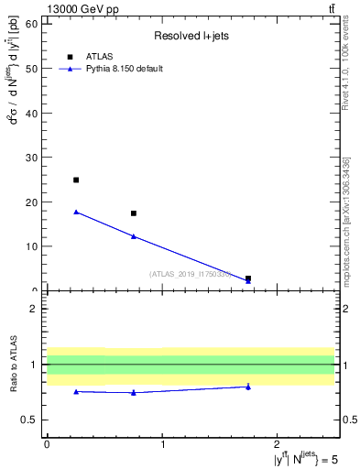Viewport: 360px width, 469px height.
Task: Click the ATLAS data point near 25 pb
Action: click(x=76, y=180)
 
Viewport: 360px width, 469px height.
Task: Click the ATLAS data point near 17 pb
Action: click(x=134, y=213)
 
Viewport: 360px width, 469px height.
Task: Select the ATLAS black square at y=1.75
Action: click(x=248, y=278)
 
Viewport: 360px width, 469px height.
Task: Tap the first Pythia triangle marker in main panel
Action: click(x=76, y=212)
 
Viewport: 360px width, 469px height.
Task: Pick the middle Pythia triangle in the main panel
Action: click(x=134, y=236)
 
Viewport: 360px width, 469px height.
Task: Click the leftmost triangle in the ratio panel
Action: click(x=76, y=391)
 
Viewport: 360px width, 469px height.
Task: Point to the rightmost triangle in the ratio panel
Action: click(x=248, y=387)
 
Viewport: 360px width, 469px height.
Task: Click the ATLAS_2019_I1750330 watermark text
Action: click(x=191, y=274)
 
